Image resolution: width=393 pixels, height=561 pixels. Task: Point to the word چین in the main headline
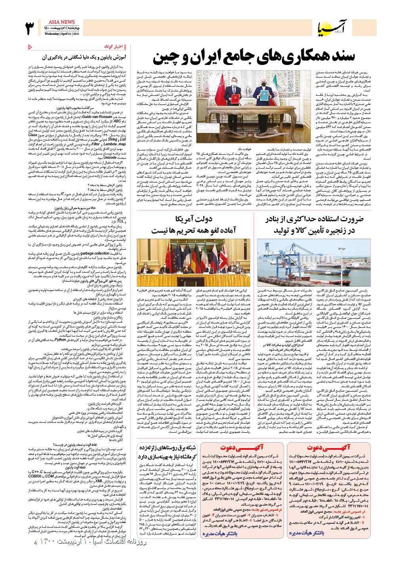164,57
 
